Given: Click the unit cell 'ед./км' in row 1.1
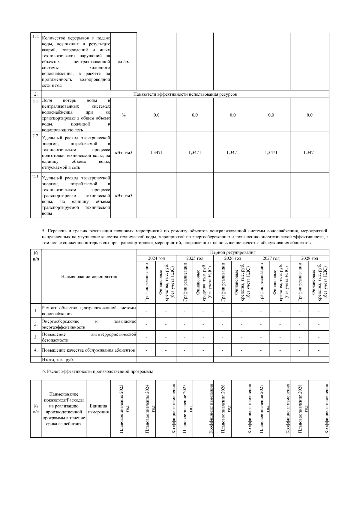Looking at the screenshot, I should click(x=124, y=62).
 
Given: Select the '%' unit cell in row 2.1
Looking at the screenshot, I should click(x=124, y=115).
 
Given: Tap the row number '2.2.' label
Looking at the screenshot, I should click(x=36, y=136).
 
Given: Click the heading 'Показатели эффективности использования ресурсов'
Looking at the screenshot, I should click(x=185, y=94).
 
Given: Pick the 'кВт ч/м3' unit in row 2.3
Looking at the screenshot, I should click(x=124, y=196).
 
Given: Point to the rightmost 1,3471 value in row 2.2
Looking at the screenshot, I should click(x=309, y=153).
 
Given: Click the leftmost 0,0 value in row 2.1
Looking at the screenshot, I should click(x=156, y=115).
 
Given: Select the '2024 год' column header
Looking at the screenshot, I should click(x=156, y=258).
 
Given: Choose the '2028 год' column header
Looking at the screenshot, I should click(x=310, y=258).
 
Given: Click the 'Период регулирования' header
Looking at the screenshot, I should click(x=232, y=252).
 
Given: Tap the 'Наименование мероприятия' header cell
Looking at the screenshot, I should click(x=89, y=277).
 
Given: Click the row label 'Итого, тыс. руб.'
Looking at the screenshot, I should click(x=58, y=359).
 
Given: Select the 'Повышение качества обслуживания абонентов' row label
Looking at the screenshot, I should click(x=88, y=350).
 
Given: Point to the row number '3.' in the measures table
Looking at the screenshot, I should click(x=36, y=337).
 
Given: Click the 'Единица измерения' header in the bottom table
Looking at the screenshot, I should click(x=98, y=409).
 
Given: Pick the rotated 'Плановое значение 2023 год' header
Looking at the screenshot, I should click(x=124, y=409).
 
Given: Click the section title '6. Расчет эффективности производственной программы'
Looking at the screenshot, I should click(x=97, y=371).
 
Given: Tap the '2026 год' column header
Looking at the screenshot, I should click(x=232, y=258).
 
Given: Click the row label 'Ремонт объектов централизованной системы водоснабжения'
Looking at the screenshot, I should click(x=89, y=311).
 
